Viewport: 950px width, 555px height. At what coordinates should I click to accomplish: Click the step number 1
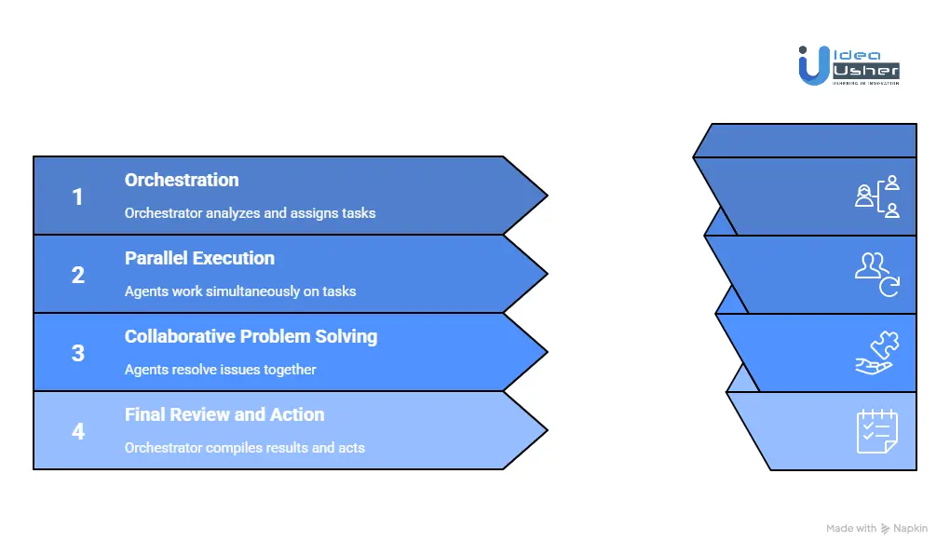point(77,196)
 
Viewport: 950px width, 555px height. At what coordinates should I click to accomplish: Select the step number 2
point(77,275)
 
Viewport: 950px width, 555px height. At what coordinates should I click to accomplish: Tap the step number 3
point(77,353)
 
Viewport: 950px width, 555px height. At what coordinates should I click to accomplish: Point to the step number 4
point(77,431)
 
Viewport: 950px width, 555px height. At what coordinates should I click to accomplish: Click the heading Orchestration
point(182,180)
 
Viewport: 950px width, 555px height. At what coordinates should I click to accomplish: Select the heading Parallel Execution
point(199,258)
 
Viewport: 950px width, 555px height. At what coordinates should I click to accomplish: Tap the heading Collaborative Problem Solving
point(251,336)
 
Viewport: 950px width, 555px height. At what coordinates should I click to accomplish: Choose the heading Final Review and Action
point(224,414)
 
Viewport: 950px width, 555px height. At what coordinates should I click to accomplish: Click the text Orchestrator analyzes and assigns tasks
point(250,213)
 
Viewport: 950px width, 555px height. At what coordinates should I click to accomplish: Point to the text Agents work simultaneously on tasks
point(240,291)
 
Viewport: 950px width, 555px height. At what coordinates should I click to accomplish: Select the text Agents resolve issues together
point(220,370)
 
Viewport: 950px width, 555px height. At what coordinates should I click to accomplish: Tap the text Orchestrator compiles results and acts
point(244,448)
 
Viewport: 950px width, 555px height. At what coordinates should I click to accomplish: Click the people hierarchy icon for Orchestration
point(877,196)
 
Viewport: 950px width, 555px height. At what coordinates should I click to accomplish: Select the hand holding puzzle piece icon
point(877,353)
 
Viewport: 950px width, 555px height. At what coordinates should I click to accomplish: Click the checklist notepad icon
point(877,431)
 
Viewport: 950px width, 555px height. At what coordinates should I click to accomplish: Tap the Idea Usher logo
point(848,65)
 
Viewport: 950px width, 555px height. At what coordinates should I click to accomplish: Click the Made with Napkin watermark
point(876,528)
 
